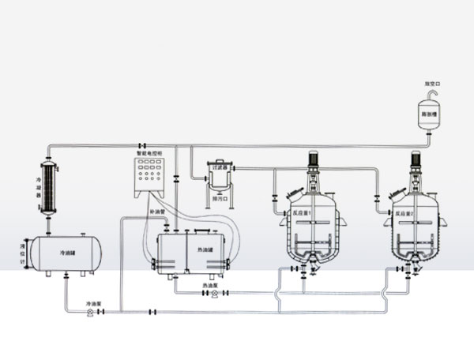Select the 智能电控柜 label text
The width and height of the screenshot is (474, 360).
(x=149, y=153)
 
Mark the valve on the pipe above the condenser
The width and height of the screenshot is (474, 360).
(x=141, y=145)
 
